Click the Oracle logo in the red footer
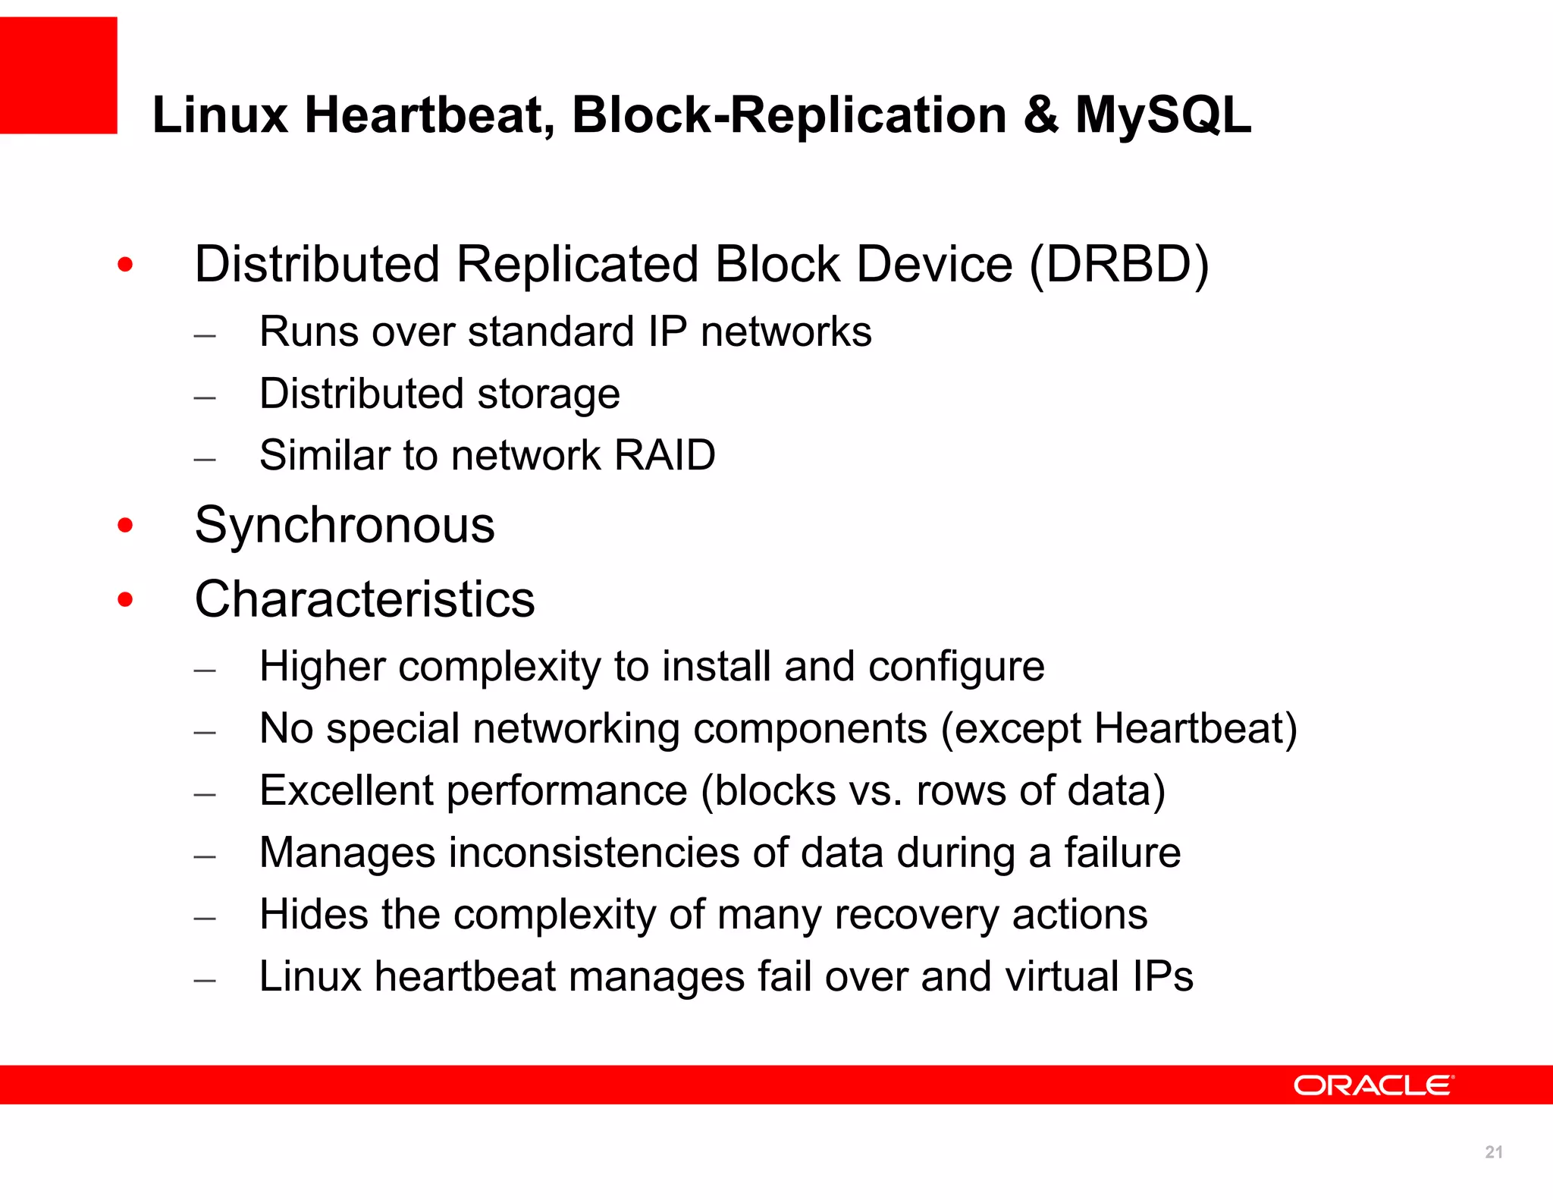pyautogui.click(x=1373, y=1085)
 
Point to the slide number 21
pyautogui.click(x=1493, y=1152)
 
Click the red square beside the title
pyautogui.click(x=58, y=76)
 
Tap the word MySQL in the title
pyautogui.click(x=1163, y=115)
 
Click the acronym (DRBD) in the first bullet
pyautogui.click(x=1119, y=265)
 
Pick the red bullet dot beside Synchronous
pyautogui.click(x=126, y=525)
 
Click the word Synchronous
pyautogui.click(x=344, y=525)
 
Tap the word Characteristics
pyautogui.click(x=365, y=599)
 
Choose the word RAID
pyautogui.click(x=665, y=455)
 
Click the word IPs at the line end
pyautogui.click(x=1163, y=976)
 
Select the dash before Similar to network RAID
pyautogui.click(x=205, y=459)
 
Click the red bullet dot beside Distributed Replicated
pyautogui.click(x=126, y=265)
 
